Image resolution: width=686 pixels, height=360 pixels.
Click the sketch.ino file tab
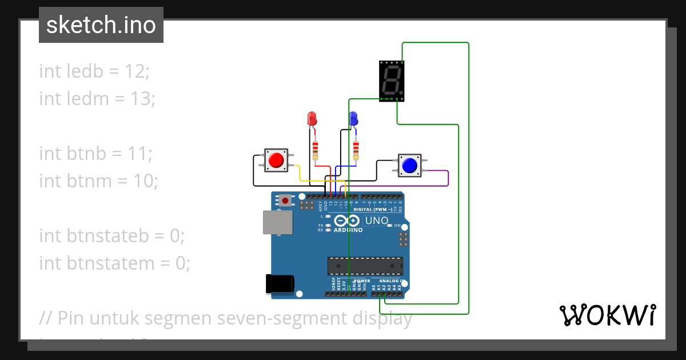[x=101, y=25]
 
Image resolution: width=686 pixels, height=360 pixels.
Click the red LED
[x=312, y=119]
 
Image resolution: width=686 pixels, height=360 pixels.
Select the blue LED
[x=353, y=119]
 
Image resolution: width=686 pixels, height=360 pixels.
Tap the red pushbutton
[x=277, y=160]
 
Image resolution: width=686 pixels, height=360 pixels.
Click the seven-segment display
[x=392, y=81]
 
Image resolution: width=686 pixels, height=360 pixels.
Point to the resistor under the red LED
[x=314, y=150]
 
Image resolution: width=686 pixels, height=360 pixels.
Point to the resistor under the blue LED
[x=356, y=150]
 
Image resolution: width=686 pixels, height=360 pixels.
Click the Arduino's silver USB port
[x=277, y=222]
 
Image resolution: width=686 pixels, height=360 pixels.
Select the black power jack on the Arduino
[x=280, y=284]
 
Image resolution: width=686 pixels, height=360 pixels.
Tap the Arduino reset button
[x=285, y=200]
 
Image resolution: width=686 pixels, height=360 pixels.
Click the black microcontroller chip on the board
[x=365, y=266]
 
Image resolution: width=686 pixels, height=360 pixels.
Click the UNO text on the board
[x=377, y=221]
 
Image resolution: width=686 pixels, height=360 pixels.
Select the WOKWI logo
[x=607, y=315]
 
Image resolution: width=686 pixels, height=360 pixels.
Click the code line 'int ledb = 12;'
[x=94, y=71]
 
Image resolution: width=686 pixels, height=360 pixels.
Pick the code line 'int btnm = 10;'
[x=98, y=181]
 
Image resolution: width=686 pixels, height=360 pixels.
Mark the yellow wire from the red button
[x=320, y=181]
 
